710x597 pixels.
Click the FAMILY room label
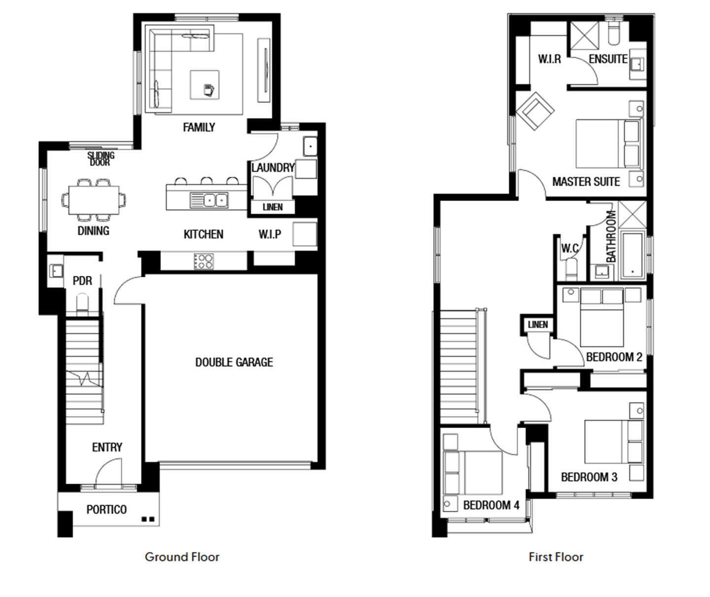point(199,128)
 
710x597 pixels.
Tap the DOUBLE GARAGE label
point(234,362)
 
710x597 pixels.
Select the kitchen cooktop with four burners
point(204,261)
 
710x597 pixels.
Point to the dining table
point(94,200)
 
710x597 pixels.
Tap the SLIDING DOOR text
point(101,159)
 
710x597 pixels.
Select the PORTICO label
point(106,510)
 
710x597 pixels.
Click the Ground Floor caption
point(182,557)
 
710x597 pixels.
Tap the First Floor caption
point(556,557)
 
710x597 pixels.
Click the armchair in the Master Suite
point(535,111)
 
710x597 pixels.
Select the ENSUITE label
point(608,59)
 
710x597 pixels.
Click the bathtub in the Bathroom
point(633,255)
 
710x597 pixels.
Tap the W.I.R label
point(549,59)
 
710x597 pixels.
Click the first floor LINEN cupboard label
point(538,325)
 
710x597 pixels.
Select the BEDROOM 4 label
point(492,505)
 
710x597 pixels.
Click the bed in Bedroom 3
point(614,442)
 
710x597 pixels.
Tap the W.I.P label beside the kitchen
point(270,234)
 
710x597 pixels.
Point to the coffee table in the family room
point(205,85)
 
